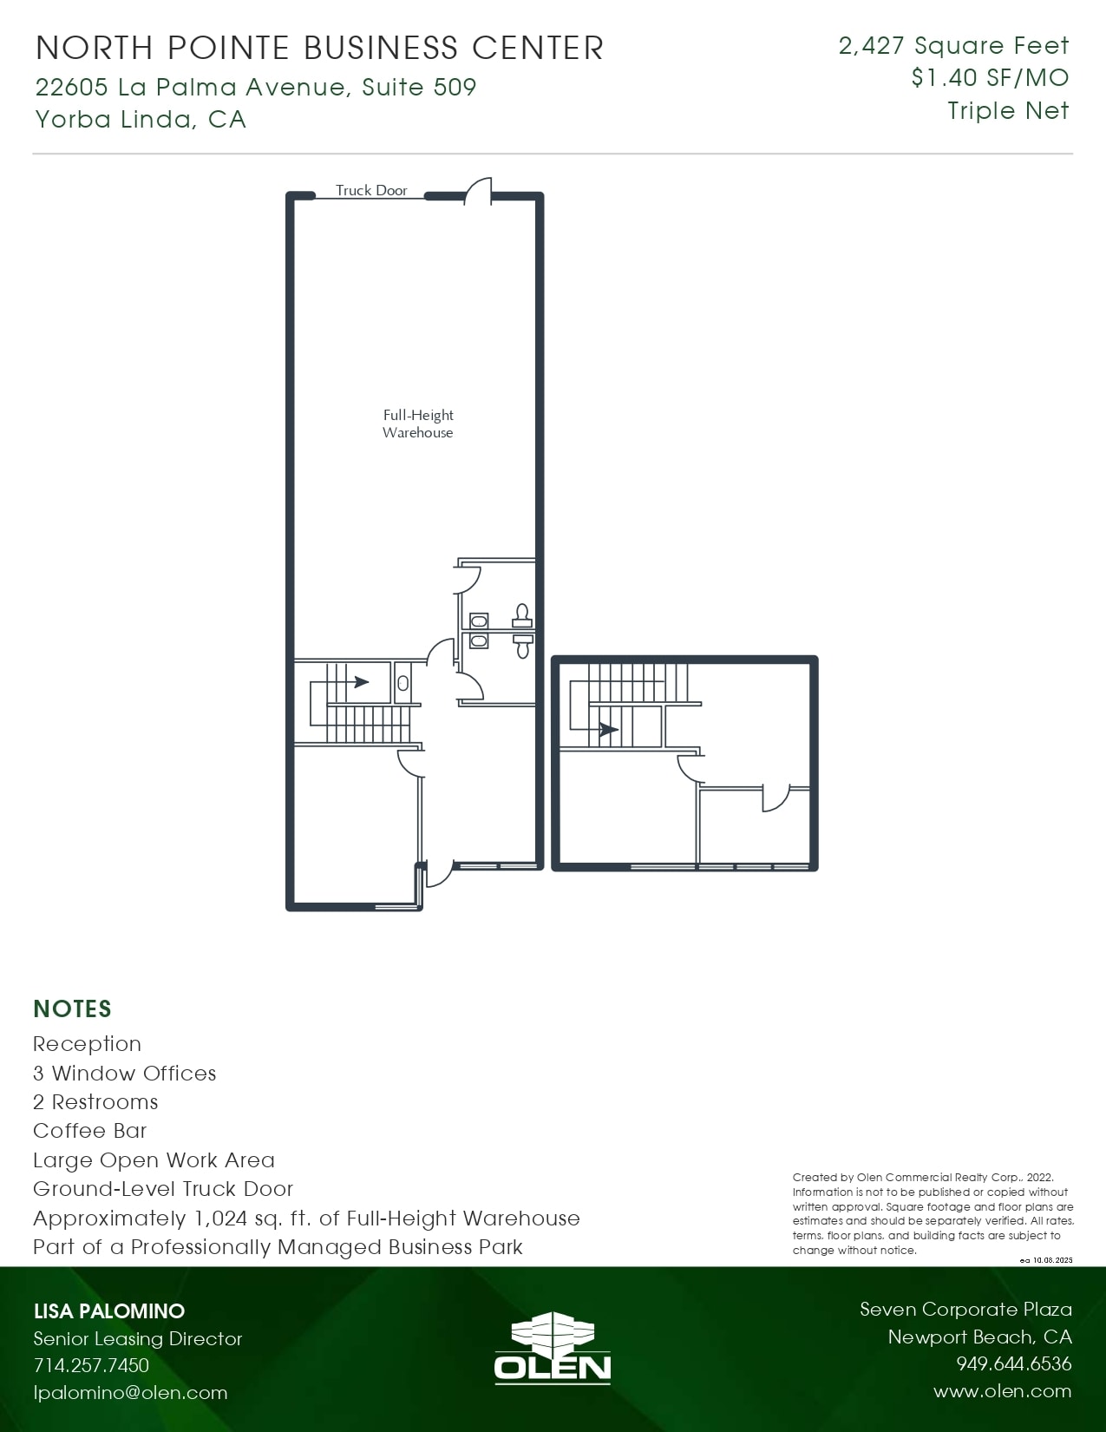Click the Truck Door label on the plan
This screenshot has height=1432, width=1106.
pyautogui.click(x=371, y=190)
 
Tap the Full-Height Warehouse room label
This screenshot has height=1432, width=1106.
pyautogui.click(x=418, y=424)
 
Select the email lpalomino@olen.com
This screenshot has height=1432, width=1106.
pyautogui.click(x=130, y=1392)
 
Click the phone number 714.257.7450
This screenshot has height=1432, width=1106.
pyautogui.click(x=91, y=1365)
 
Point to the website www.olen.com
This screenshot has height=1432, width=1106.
pyautogui.click(x=1002, y=1391)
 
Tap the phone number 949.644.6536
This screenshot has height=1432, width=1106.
pyautogui.click(x=1013, y=1363)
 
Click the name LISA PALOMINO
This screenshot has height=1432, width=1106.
pyautogui.click(x=109, y=1310)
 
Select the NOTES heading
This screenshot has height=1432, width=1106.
pyautogui.click(x=72, y=1008)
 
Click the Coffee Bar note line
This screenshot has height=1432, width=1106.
pyautogui.click(x=89, y=1131)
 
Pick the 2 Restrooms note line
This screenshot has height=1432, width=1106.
pyautogui.click(x=95, y=1101)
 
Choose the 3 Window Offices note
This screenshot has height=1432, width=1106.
pyautogui.click(x=124, y=1073)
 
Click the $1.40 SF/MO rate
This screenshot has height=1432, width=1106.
pyautogui.click(x=990, y=78)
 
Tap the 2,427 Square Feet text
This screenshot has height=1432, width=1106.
pyautogui.click(x=953, y=45)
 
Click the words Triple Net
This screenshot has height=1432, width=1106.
pyautogui.click(x=1008, y=111)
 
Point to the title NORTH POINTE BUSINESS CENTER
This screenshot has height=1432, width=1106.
pyautogui.click(x=319, y=48)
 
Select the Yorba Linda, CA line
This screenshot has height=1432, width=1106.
pyautogui.click(x=141, y=119)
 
